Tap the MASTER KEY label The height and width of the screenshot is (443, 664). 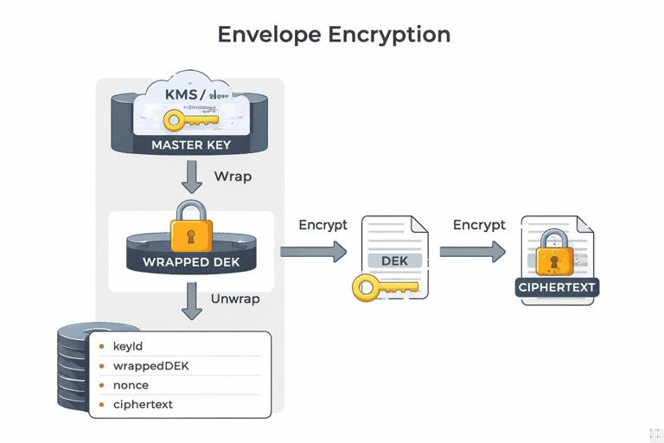tap(191, 144)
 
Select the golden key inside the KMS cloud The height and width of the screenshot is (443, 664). tap(191, 119)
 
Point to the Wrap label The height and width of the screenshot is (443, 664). tap(233, 177)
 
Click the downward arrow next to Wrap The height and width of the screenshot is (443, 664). tap(192, 177)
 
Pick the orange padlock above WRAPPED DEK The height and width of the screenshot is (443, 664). tap(191, 228)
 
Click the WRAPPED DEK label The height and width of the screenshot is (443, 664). tap(191, 262)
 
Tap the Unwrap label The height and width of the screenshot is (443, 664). tap(235, 299)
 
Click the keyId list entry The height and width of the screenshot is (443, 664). tap(127, 346)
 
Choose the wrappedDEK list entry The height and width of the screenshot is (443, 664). tap(150, 366)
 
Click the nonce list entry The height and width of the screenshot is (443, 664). tap(131, 385)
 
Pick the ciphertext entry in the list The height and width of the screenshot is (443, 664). tap(143, 404)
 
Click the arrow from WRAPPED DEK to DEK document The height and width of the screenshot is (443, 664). tap(313, 252)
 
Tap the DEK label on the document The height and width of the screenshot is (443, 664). tap(394, 260)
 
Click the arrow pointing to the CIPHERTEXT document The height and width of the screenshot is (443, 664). tap(472, 252)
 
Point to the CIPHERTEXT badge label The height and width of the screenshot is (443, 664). tap(557, 287)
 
